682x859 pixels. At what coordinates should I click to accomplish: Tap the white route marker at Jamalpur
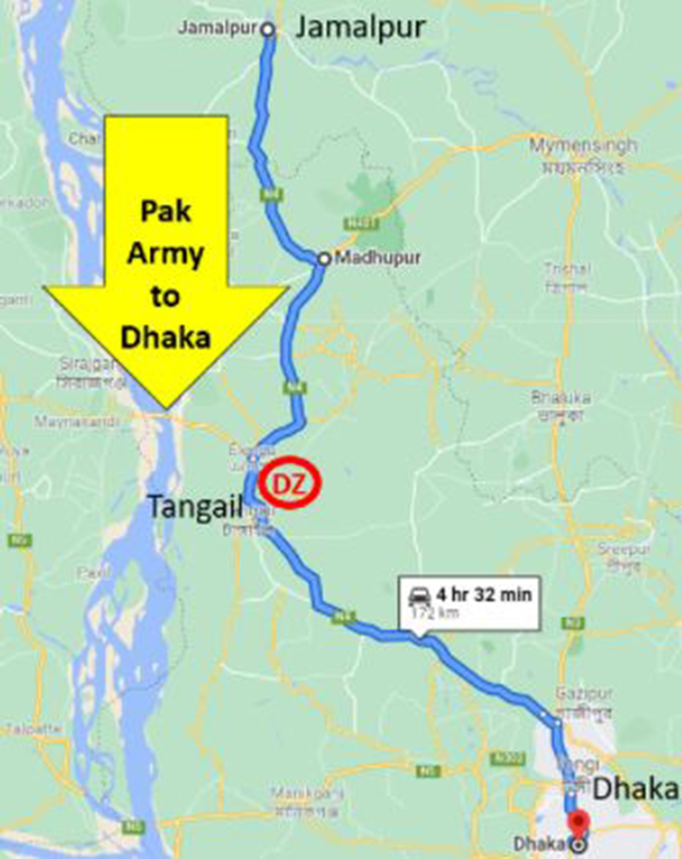[x=267, y=30]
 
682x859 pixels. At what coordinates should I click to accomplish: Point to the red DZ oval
[x=290, y=484]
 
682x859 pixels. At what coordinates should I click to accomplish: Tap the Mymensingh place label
[x=583, y=146]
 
